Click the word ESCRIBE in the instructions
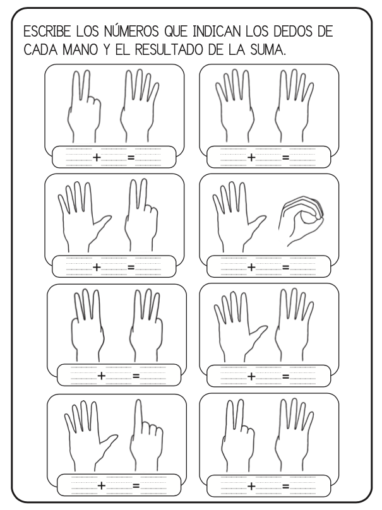pos(47,32)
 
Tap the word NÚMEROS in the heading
pos(132,31)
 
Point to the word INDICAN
pos(217,32)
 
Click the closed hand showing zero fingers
pos(301,220)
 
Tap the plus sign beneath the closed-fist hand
pos(251,267)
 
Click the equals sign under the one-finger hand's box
pos(136,486)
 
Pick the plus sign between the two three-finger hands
pos(102,376)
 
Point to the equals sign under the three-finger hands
pos(136,376)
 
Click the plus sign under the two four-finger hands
pos(251,157)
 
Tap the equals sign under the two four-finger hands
pos(285,158)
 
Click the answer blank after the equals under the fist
pos(302,267)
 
